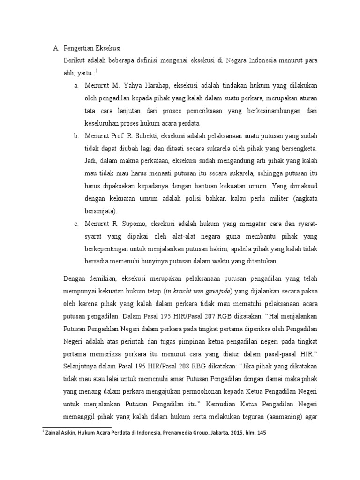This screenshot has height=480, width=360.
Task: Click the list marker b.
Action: [75, 136]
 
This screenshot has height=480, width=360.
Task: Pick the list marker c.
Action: [75, 223]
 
